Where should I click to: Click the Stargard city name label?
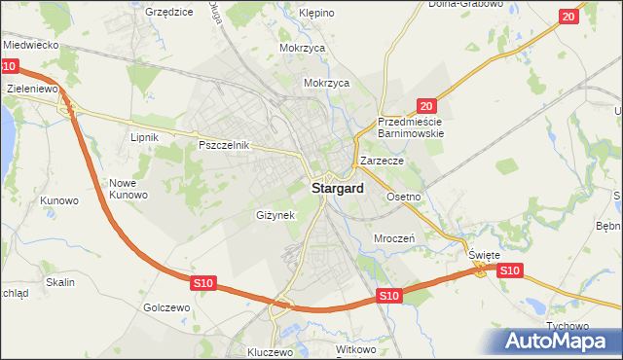338,189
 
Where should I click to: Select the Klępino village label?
316,14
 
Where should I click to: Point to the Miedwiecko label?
32,45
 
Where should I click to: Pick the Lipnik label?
144,137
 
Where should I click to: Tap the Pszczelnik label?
225,145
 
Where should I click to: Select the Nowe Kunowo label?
128,189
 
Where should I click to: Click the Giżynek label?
275,215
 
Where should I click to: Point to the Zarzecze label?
382,160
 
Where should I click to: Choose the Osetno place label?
403,197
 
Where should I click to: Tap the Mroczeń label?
394,237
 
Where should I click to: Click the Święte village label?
484,255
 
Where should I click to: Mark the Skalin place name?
59,282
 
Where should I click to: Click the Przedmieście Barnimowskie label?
410,127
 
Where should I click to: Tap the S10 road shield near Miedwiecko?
8,66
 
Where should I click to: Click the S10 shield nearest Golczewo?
202,282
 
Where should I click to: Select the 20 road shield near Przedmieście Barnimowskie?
425,105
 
